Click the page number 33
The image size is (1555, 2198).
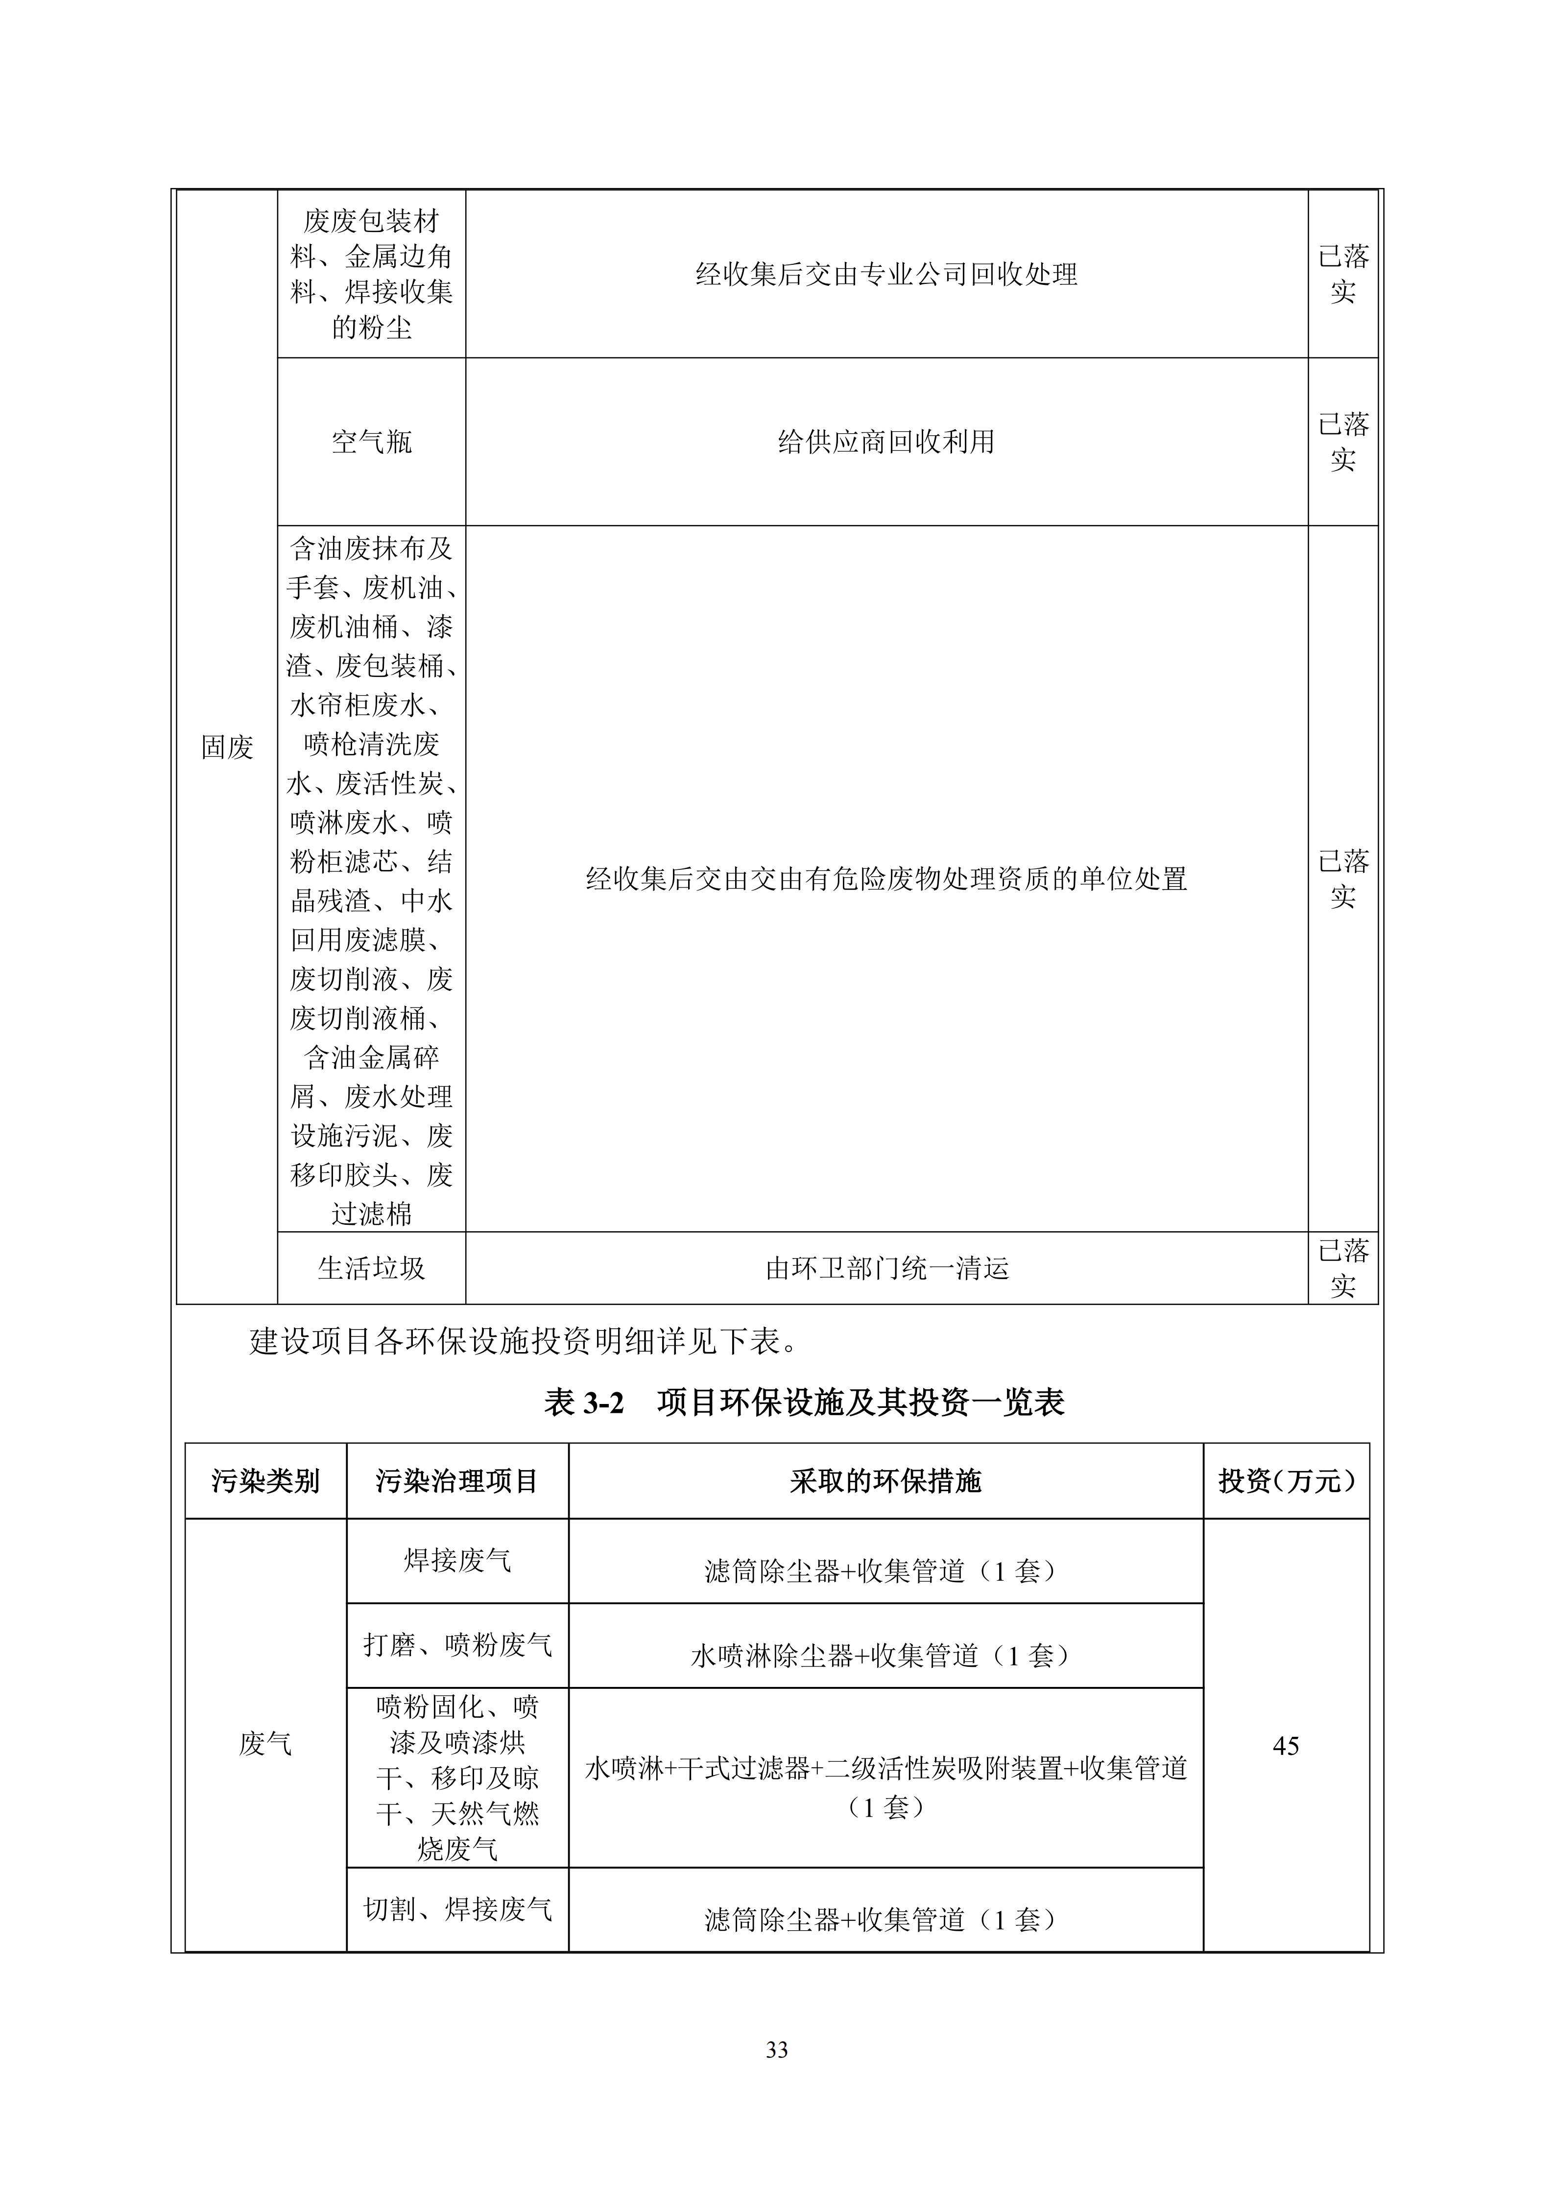777,2050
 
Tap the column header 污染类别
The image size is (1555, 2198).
265,1481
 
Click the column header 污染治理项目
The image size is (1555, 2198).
457,1481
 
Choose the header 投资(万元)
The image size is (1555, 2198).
1286,1481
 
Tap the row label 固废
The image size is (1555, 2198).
227,747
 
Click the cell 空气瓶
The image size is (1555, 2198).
372,442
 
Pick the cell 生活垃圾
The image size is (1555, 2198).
372,1268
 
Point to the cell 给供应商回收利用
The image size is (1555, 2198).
885,442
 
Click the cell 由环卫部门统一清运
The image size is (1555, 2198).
885,1268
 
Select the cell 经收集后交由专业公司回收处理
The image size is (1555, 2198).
885,275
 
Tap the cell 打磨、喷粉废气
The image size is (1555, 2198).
457,1645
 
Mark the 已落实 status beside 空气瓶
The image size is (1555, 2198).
1342,442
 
